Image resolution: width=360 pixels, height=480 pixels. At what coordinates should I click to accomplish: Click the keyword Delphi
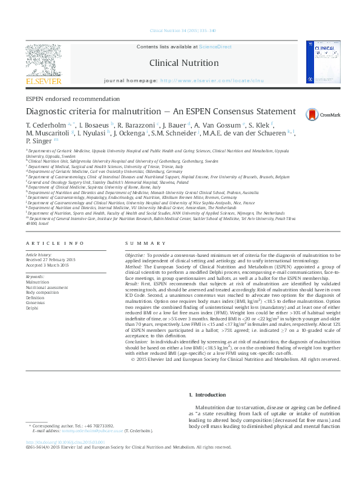coord(32,308)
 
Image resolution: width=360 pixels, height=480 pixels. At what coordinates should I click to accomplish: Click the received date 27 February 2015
coord(58,260)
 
